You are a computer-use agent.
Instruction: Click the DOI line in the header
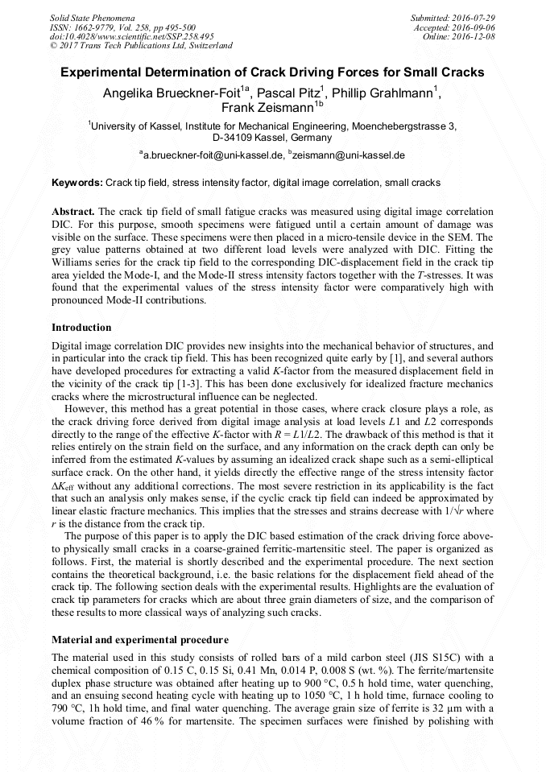click(131, 36)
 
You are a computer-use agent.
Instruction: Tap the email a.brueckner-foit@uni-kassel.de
click(214, 155)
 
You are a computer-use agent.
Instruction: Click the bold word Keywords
click(77, 183)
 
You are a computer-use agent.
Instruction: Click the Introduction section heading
click(81, 328)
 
